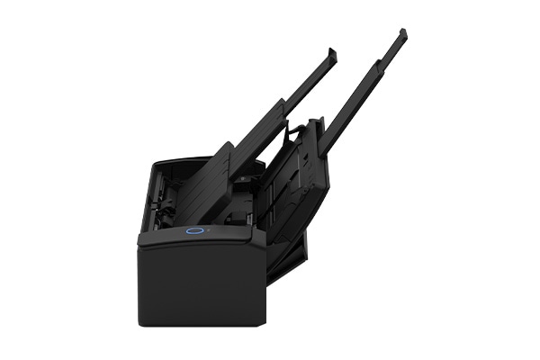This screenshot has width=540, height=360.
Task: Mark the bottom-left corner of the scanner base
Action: pyautogui.click(x=140, y=321)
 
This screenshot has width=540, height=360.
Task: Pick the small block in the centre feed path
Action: pyautogui.click(x=242, y=179)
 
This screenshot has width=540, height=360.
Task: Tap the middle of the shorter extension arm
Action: pyautogui.click(x=288, y=103)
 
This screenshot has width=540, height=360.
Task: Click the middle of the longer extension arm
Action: pyautogui.click(x=360, y=99)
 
